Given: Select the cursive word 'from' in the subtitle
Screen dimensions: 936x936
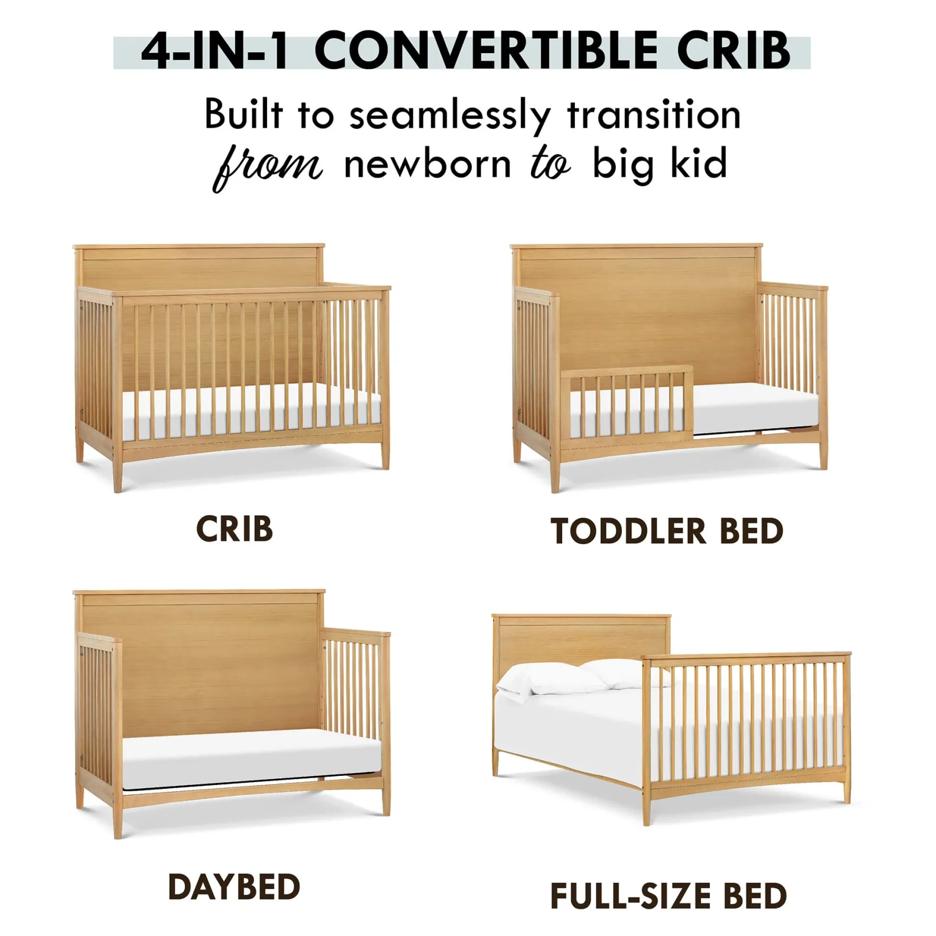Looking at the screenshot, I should tap(267, 166).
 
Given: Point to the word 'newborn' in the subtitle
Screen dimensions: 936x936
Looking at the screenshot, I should tap(428, 165).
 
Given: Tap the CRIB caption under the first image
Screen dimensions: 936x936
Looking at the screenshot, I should tap(234, 529).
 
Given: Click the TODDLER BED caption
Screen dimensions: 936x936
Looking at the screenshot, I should tap(667, 532).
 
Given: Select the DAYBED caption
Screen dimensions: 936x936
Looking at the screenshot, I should tap(233, 887).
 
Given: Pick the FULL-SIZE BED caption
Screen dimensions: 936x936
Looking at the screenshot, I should tap(668, 896).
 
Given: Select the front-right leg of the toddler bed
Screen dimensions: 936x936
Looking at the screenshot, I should tap(823, 454).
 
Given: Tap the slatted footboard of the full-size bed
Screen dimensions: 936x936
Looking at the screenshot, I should tap(747, 721).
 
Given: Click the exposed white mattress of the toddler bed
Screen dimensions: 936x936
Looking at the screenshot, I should tap(755, 408).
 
